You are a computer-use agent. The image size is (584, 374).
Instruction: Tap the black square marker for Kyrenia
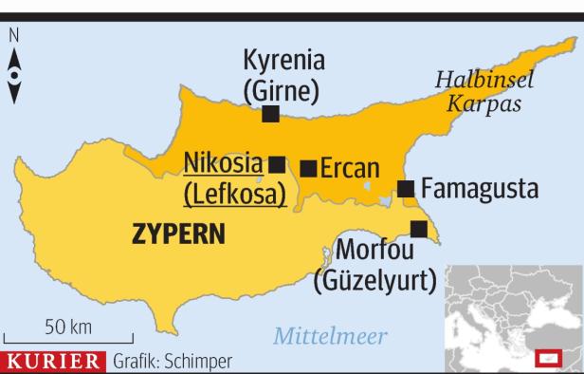[x=270, y=114]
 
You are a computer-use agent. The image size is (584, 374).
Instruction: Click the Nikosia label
[x=223, y=163]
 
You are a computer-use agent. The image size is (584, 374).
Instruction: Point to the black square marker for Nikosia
[x=277, y=163]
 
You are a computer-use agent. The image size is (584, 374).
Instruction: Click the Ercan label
[x=350, y=169]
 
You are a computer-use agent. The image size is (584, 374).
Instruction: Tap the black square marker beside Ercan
[x=308, y=169]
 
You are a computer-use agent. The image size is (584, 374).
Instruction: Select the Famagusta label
[x=479, y=189]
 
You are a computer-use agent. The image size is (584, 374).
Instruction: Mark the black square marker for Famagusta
[x=406, y=188]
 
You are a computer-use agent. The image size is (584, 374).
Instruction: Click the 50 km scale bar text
[x=68, y=327]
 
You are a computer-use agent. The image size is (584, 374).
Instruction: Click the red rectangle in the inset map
[x=547, y=357]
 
